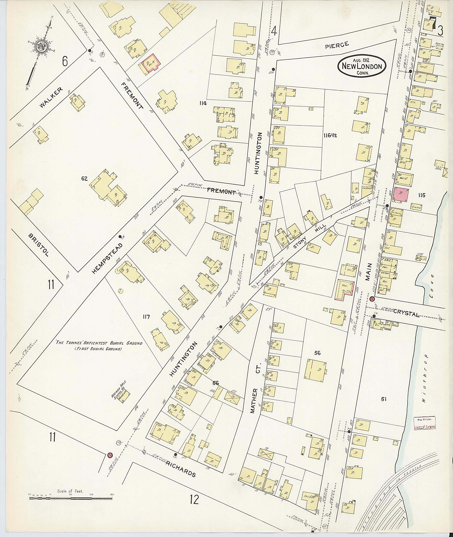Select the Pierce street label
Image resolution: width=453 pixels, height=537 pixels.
pos(337,45)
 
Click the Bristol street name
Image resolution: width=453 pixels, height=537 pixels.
pos(38,245)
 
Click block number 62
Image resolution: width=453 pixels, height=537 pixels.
pos(84,178)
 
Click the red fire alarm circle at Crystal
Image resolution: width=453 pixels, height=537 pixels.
pos(372,299)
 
